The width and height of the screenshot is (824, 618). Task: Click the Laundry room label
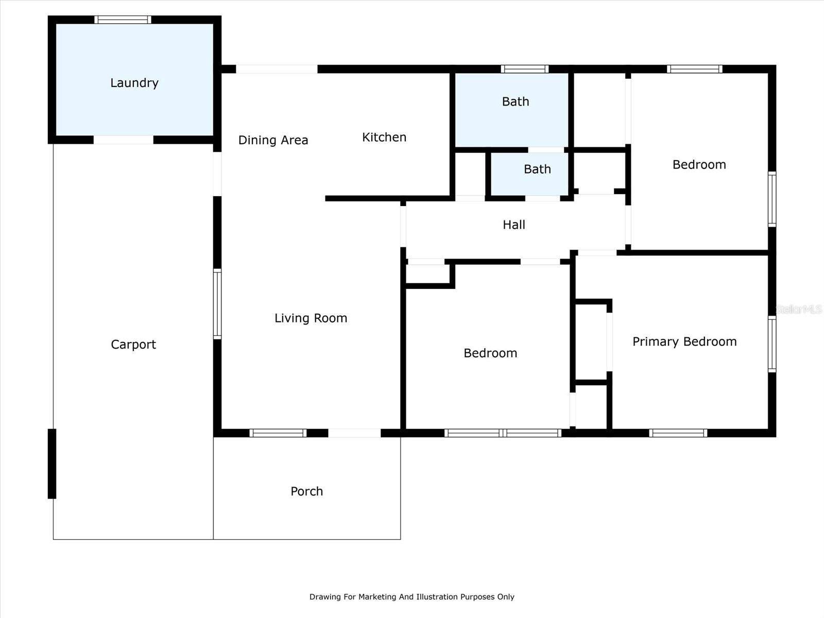(134, 83)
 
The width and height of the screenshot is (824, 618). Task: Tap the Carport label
(133, 345)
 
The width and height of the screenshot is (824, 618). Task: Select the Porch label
(306, 491)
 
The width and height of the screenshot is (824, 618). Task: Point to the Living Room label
(311, 318)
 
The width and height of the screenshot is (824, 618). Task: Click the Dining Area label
(273, 140)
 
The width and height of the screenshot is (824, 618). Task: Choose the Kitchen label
(384, 137)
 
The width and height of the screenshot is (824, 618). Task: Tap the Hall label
(514, 225)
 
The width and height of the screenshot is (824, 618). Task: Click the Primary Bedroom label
(684, 341)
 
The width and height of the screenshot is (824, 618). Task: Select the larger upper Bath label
(516, 101)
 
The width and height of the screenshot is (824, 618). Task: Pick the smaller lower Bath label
(537, 169)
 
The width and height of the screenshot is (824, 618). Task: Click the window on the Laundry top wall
(123, 20)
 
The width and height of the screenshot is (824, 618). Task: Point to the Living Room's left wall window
(217, 304)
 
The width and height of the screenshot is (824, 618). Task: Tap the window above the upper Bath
(525, 69)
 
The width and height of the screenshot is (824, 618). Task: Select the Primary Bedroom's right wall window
(772, 344)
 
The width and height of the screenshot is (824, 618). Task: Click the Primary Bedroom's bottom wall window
(678, 433)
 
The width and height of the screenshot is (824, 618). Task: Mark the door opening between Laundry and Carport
(124, 140)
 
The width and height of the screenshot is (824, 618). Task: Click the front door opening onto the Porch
(354, 433)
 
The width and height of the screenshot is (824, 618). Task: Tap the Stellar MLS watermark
(799, 309)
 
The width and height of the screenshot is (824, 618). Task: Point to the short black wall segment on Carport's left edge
(52, 463)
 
